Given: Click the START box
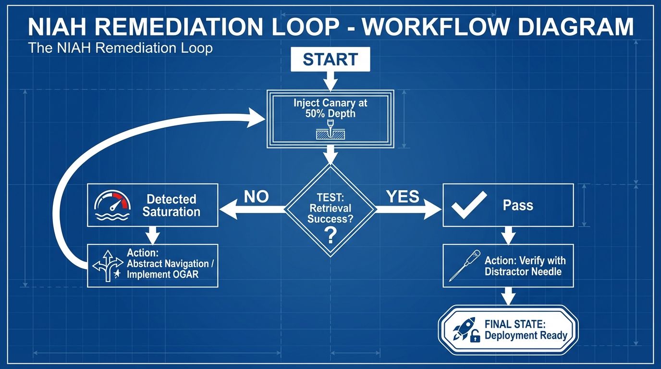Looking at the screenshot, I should point(330,59).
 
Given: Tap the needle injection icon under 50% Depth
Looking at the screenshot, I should point(330,131).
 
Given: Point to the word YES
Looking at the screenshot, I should point(402,197).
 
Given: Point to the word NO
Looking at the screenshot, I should point(256,197).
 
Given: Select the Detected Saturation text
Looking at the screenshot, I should point(171,206).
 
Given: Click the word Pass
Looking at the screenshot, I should point(518,205).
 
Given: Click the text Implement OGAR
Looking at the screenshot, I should point(163,275).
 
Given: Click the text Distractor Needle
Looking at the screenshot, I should point(523,271).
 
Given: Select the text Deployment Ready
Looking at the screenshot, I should point(526,335).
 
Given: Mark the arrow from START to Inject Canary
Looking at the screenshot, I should point(330,81).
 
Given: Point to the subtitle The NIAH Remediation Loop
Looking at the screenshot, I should point(120,49).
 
